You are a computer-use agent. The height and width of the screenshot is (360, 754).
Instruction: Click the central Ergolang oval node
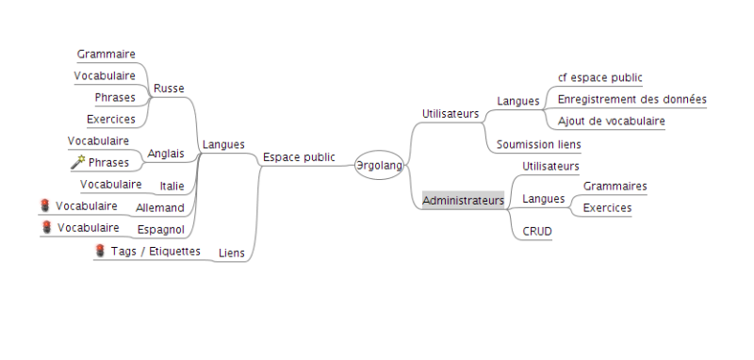[379, 165]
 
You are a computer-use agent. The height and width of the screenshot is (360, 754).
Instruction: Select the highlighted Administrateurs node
[463, 201]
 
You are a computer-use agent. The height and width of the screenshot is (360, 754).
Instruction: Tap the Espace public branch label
[299, 157]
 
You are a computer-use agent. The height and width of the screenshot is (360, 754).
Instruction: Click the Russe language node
[169, 89]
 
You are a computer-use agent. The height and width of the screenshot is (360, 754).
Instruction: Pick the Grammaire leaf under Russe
[107, 54]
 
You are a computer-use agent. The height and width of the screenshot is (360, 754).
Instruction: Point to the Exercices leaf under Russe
[111, 119]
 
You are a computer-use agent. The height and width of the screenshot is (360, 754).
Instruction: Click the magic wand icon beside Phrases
[78, 162]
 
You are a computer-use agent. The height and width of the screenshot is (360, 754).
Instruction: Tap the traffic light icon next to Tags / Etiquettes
[100, 251]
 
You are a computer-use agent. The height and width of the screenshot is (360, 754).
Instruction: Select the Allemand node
[160, 208]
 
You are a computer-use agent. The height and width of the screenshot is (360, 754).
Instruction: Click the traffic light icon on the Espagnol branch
[46, 227]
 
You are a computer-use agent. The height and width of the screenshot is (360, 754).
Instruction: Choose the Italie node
[172, 186]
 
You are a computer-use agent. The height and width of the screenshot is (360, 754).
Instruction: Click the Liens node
[232, 253]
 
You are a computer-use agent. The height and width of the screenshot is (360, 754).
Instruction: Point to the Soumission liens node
[538, 144]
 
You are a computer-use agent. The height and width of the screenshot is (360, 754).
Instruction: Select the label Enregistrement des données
[631, 100]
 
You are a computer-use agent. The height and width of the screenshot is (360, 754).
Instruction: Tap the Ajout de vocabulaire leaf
[611, 121]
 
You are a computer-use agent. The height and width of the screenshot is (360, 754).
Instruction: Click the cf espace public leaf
[599, 77]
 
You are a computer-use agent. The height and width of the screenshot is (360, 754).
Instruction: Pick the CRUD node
[537, 232]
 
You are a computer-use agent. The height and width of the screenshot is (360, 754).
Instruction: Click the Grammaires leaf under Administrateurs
[615, 186]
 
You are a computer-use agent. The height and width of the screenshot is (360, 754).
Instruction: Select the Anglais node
[166, 154]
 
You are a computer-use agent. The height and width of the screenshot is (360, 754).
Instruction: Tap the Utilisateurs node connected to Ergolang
[451, 114]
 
